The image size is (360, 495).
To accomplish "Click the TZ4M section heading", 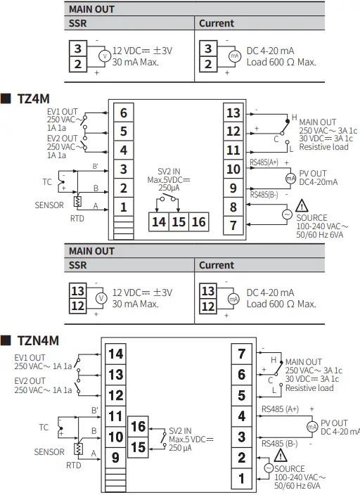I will (32, 98).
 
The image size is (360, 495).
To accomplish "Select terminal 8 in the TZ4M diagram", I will (233, 207).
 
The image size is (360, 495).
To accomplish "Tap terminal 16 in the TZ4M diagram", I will (199, 222).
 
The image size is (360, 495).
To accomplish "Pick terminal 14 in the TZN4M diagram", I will (115, 354).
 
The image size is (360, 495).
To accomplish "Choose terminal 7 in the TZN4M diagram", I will (241, 354).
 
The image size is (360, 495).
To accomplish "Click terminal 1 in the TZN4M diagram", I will (241, 479).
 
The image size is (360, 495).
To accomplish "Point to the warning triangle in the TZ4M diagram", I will (303, 206).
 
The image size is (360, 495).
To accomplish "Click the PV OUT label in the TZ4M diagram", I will (313, 173).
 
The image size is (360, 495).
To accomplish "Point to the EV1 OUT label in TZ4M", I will (63, 111).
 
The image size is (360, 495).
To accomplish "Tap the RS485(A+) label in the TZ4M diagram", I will (264, 162).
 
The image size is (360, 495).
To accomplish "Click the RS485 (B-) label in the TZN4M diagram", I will (279, 444).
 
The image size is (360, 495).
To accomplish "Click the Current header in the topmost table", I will (217, 23).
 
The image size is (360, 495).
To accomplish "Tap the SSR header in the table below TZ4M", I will (77, 265).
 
